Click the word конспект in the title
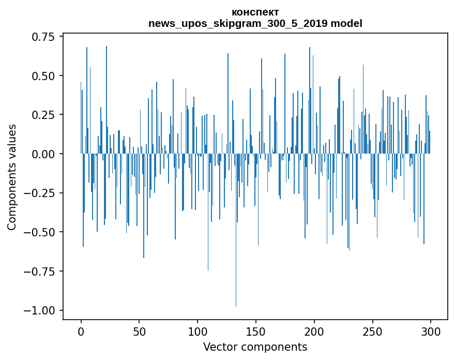[255, 12]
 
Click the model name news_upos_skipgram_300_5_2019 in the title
[238, 23]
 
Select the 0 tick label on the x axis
[81, 332]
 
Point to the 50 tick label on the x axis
[139, 332]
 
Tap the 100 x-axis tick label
[198, 332]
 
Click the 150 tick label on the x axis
[256, 332]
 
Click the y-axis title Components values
[12, 177]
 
